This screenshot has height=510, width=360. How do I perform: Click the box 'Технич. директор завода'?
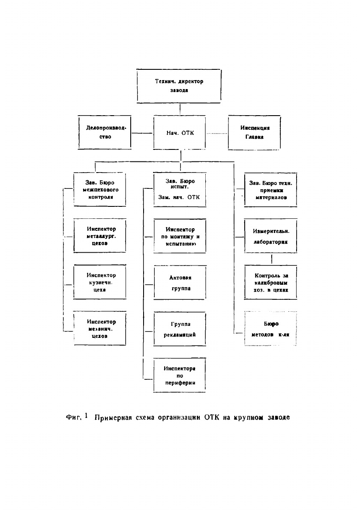(x=179, y=86)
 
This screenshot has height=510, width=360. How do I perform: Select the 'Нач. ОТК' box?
(x=180, y=133)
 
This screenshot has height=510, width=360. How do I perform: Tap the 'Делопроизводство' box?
(x=105, y=132)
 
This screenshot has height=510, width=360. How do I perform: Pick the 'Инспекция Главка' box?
(x=254, y=133)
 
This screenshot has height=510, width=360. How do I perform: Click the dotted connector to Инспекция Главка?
(x=217, y=134)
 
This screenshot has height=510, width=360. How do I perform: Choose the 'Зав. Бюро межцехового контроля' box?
(x=100, y=189)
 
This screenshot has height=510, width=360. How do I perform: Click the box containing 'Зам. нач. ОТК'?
(x=180, y=189)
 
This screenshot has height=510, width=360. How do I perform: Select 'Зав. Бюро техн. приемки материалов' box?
(x=270, y=190)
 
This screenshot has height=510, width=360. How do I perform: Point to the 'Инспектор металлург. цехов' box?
(x=100, y=236)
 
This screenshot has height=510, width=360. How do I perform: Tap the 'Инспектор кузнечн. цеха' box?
(x=100, y=282)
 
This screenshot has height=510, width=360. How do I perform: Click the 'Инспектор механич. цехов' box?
(x=100, y=329)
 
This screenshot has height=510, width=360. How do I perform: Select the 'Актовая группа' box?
(x=180, y=283)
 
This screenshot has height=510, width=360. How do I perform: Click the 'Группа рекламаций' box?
(x=180, y=329)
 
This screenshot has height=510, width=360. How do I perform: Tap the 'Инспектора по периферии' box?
(x=180, y=376)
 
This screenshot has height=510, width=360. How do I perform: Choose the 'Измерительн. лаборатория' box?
(x=270, y=236)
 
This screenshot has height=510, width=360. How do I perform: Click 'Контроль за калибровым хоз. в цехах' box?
(x=270, y=283)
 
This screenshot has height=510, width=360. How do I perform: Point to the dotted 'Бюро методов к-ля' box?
(x=270, y=329)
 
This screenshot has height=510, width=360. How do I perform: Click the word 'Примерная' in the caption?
(x=113, y=417)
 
